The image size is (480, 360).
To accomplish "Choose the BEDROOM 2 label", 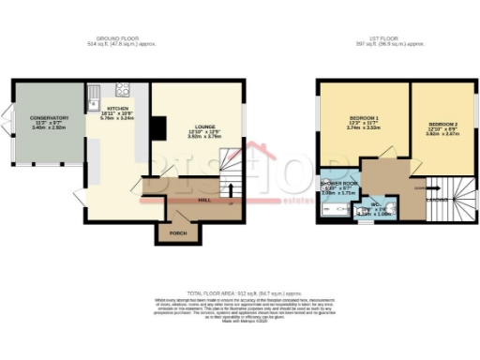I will pyautogui.click(x=443, y=124).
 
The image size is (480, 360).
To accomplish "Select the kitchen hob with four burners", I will pyautogui.click(x=122, y=90).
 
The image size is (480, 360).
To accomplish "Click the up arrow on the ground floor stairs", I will pyautogui.click(x=232, y=175).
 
